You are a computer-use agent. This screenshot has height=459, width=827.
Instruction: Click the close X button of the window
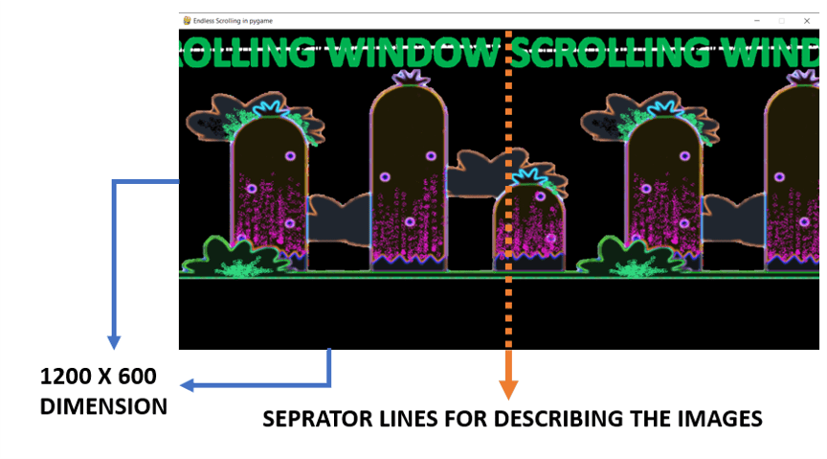tap(807, 21)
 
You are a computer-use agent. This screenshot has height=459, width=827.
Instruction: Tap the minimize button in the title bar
tap(757, 21)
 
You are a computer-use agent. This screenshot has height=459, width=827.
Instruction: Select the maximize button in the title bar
tap(782, 21)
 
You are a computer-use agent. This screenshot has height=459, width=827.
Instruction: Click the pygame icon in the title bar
tap(187, 20)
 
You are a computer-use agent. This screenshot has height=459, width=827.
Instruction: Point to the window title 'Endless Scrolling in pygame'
tap(234, 21)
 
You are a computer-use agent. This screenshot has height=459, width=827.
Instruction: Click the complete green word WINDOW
tap(416, 53)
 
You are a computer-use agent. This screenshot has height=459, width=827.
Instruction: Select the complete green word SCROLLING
tap(612, 53)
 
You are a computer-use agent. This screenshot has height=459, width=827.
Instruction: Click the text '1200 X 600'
tap(98, 376)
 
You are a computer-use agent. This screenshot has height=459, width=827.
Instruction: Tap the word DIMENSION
tap(103, 406)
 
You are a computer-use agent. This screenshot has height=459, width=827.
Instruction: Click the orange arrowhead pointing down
tap(508, 389)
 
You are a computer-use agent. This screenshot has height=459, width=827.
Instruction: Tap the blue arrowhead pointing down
tap(114, 342)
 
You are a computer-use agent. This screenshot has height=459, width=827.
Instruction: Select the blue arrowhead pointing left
tap(188, 385)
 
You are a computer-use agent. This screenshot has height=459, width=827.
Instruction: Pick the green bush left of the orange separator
tap(235, 257)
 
